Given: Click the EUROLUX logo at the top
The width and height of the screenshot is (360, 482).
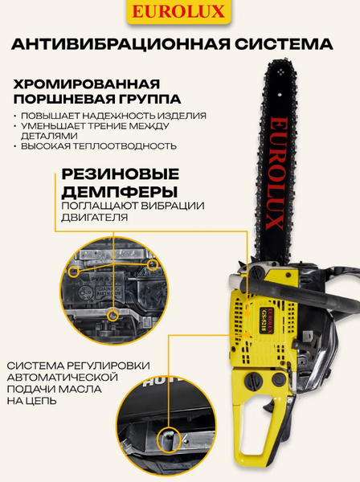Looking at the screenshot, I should (x=179, y=12).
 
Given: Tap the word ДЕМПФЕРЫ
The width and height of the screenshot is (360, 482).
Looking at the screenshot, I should (x=113, y=192).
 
